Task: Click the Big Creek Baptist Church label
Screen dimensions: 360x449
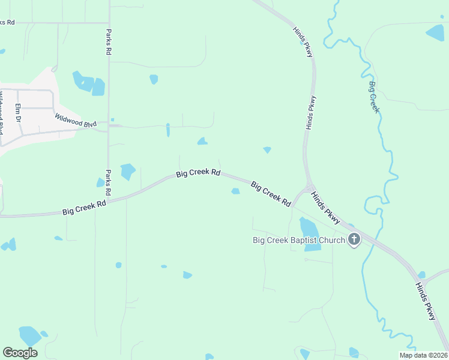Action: point(298,241)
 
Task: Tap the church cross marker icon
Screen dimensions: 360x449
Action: point(354,241)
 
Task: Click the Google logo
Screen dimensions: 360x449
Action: point(20,352)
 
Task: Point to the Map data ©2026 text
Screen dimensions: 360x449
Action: point(424,355)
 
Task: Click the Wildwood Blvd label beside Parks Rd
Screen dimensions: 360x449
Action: point(76,120)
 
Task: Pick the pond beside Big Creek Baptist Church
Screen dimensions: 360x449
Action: point(309,227)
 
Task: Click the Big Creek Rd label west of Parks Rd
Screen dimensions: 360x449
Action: point(84,208)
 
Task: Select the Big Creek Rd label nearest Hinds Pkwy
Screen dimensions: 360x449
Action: point(271,194)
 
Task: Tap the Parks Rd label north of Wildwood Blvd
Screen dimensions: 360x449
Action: point(109,42)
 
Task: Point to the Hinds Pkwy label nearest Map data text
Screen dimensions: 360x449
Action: point(426,302)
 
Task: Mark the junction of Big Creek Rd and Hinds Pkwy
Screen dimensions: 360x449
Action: point(308,188)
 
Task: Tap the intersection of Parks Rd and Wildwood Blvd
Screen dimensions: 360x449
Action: point(109,125)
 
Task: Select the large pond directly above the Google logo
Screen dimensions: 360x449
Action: point(29,335)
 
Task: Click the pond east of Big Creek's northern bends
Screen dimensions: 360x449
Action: point(435,32)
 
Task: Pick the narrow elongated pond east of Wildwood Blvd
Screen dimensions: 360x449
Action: point(167,130)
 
